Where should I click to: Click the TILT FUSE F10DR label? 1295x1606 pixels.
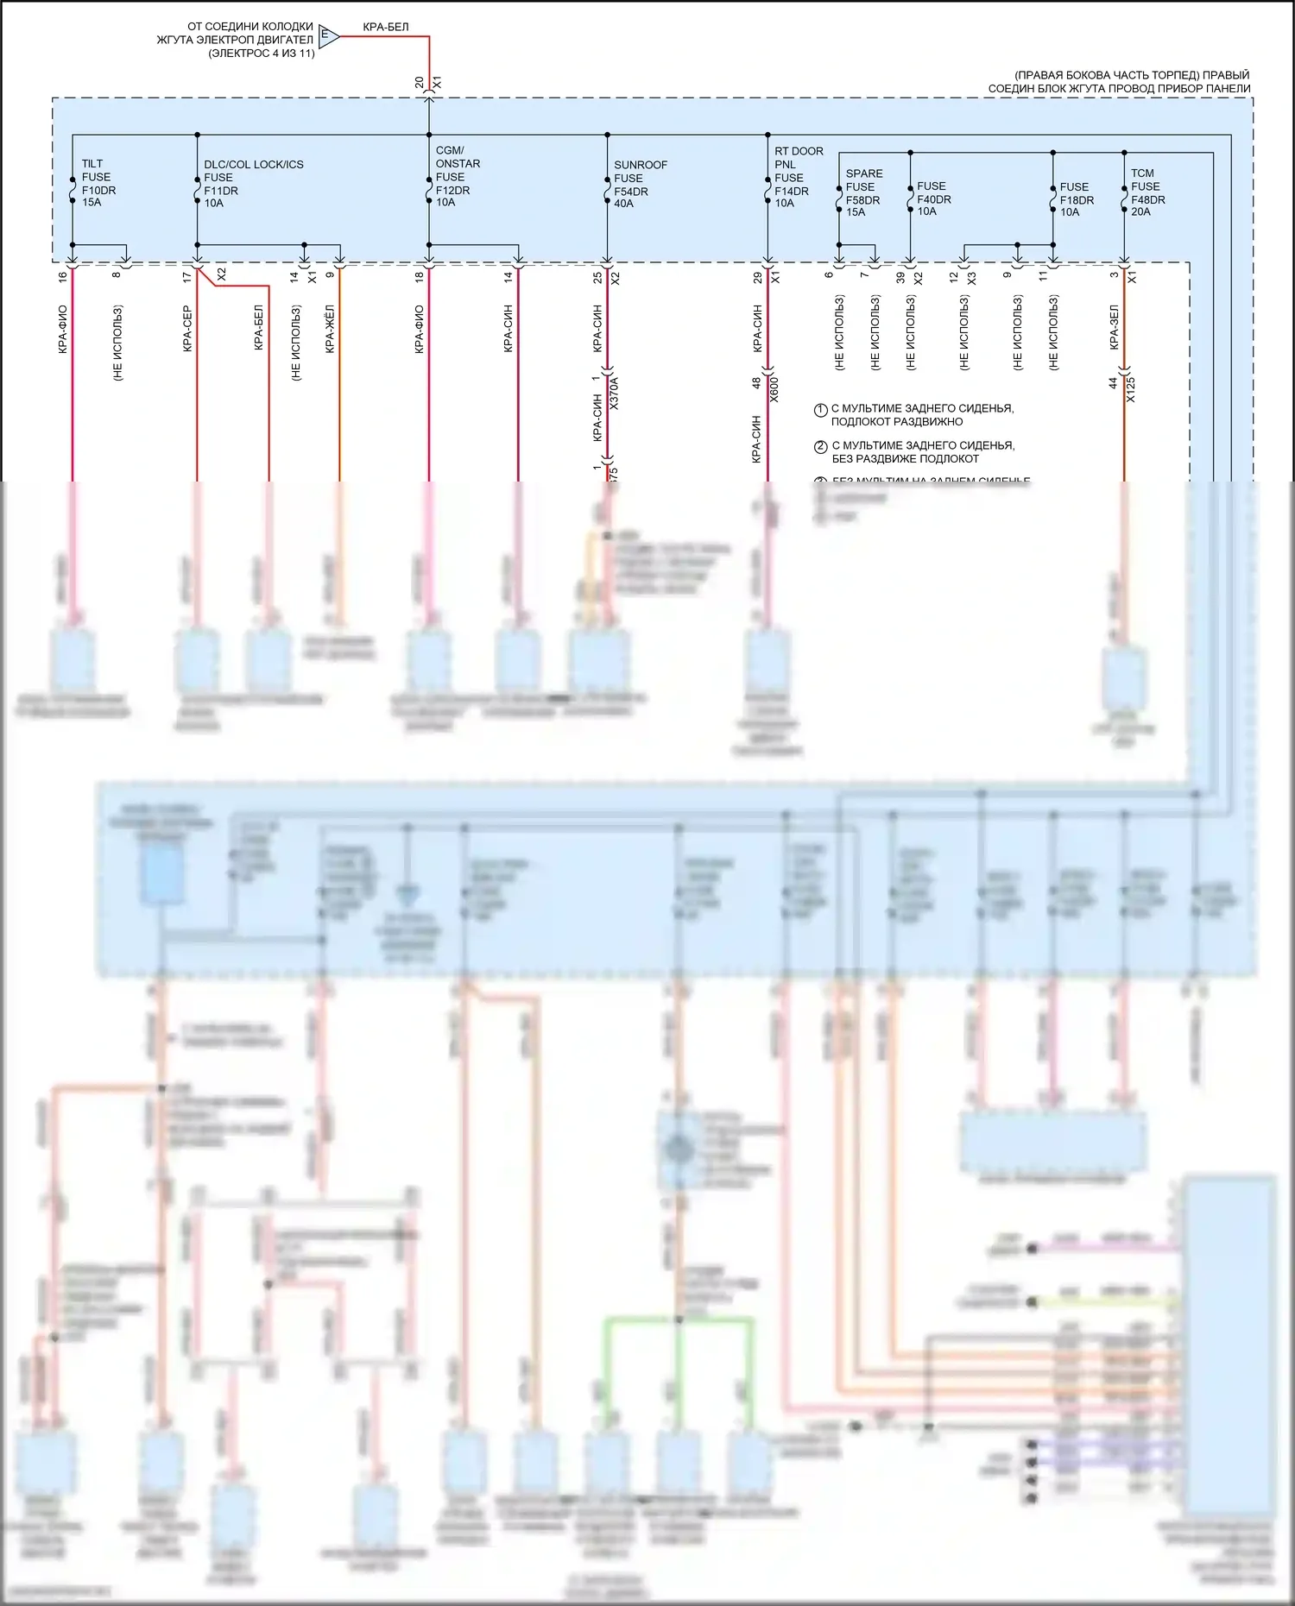98,183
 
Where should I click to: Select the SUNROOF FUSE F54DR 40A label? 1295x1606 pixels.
640,184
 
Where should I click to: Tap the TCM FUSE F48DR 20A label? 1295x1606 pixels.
1147,192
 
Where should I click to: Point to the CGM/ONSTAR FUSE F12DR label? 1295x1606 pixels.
457,176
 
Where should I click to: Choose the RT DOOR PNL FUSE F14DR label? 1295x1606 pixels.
798,177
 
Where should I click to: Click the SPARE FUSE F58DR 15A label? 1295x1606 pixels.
863,192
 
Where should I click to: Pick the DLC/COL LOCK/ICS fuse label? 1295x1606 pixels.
252,183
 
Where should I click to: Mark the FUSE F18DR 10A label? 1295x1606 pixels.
1076,199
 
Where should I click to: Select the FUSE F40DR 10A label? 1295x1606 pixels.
932,198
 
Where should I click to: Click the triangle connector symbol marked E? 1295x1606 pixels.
327,36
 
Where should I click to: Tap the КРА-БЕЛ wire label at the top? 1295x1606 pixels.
385,27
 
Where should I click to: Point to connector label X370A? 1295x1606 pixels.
615,392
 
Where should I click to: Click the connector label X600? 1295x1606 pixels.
774,388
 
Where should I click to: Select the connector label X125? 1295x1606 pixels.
1131,388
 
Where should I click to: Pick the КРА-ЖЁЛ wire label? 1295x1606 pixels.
330,329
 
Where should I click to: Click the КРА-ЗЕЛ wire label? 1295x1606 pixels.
1115,327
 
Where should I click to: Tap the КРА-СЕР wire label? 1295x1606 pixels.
187,329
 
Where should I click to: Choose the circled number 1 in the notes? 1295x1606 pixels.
821,410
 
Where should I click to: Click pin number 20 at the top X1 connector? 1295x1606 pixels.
420,82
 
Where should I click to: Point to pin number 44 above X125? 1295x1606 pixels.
1114,383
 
